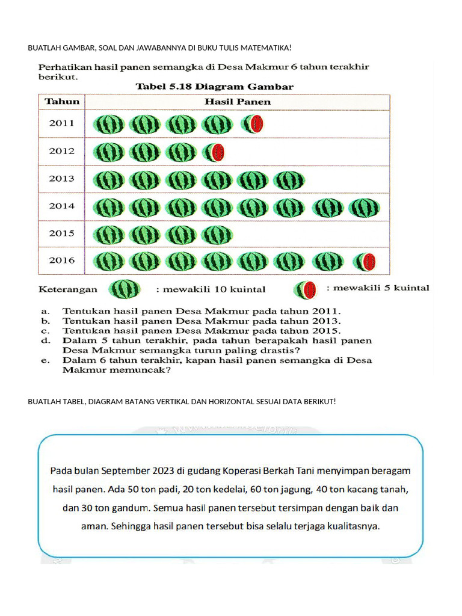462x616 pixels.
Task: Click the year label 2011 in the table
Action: (x=62, y=123)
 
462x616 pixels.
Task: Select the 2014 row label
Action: (x=62, y=206)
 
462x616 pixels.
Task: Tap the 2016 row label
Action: (x=62, y=260)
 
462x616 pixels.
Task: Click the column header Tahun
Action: (x=62, y=102)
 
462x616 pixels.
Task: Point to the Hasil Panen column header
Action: (x=238, y=102)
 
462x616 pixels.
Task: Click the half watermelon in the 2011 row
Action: (x=253, y=125)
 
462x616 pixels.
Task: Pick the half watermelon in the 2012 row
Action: (x=214, y=152)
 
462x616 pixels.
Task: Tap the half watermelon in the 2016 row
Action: (x=365, y=262)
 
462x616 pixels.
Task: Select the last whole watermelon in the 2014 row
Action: (x=365, y=208)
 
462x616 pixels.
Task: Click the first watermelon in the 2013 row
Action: (x=109, y=180)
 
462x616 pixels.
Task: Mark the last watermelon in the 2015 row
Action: (x=217, y=235)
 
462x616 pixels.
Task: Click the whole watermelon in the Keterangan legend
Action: (x=124, y=289)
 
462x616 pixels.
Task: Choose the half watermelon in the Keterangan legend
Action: (x=306, y=290)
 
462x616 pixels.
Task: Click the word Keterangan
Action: (x=68, y=289)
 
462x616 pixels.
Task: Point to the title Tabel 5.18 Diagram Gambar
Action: (x=215, y=87)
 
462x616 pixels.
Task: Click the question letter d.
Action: (x=44, y=340)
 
